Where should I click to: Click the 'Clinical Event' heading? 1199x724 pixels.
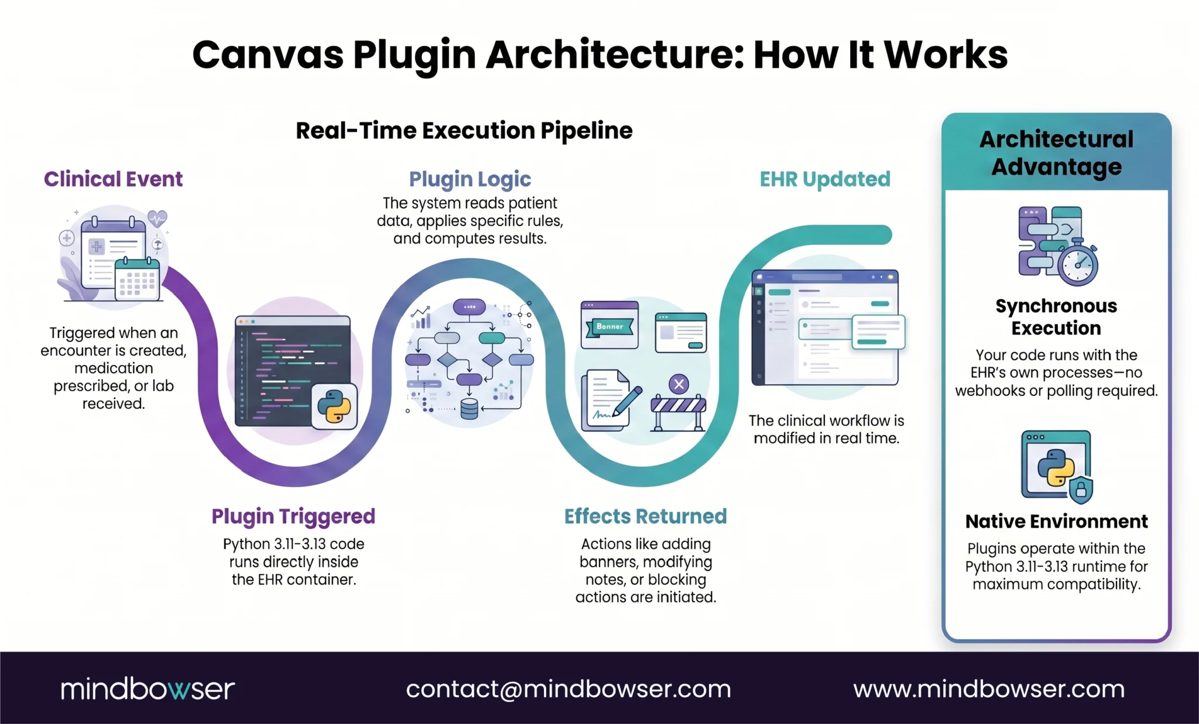tap(113, 179)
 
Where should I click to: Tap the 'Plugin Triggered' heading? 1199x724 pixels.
tap(293, 516)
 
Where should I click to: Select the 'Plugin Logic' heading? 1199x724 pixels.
tap(470, 179)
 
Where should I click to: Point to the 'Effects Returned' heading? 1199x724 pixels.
tap(645, 516)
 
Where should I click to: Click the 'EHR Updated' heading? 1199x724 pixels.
tap(824, 179)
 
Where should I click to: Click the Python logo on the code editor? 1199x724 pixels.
tap(334, 407)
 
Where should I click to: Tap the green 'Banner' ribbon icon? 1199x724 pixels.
tap(609, 326)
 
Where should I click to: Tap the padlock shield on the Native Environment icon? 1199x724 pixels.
tap(1081, 489)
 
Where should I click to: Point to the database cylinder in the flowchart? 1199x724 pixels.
tap(469, 409)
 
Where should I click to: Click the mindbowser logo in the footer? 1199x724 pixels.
tap(148, 689)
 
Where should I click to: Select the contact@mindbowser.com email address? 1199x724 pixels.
tap(568, 689)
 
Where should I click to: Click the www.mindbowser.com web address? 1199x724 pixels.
tap(989, 689)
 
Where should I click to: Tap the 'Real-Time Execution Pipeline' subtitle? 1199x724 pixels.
tap(464, 131)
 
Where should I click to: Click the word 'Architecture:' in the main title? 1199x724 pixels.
tap(614, 55)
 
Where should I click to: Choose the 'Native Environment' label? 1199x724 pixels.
tap(1056, 521)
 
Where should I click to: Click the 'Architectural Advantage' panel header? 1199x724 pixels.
tap(1056, 153)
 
